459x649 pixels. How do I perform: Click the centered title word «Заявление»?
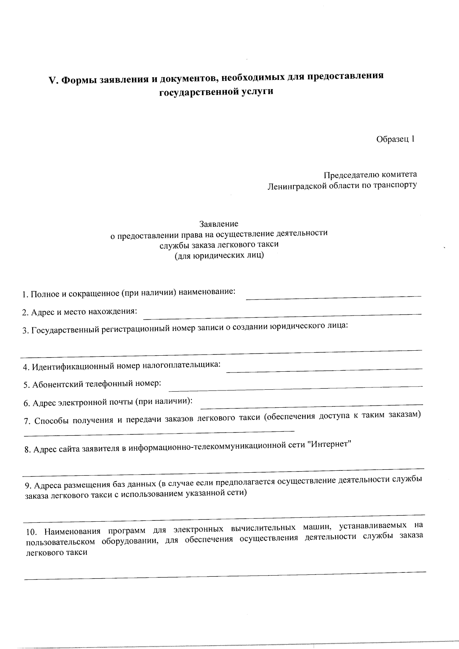(219, 223)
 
